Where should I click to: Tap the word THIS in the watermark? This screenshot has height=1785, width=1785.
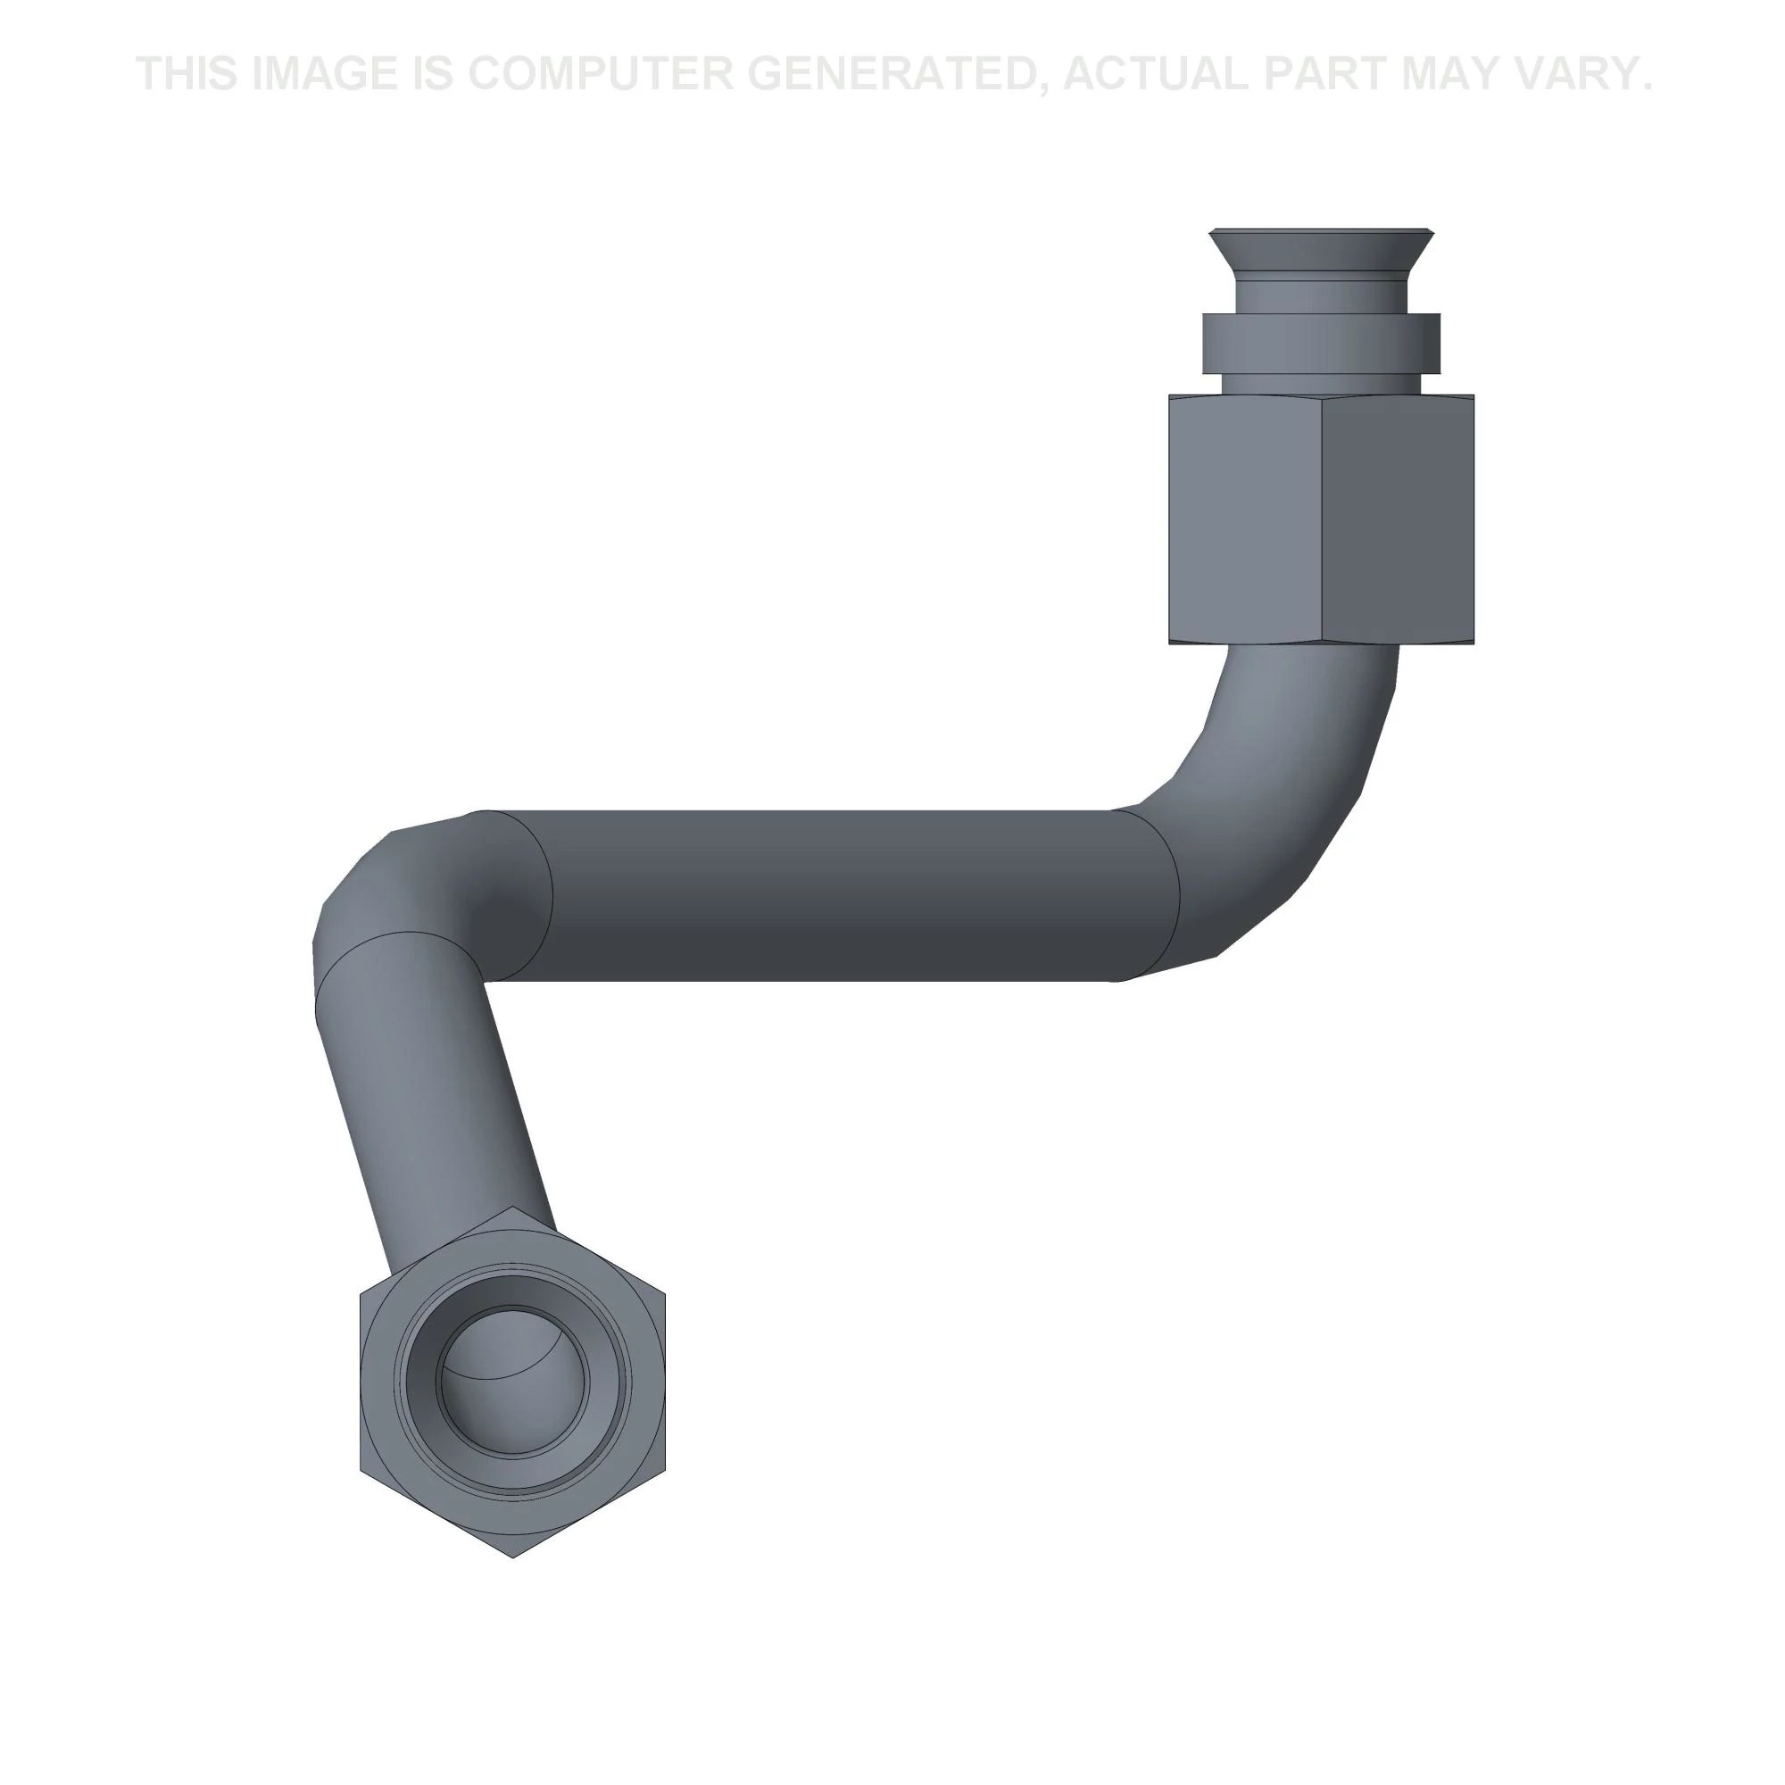click(x=186, y=74)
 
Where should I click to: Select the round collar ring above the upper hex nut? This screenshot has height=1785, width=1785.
click(x=1321, y=344)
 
